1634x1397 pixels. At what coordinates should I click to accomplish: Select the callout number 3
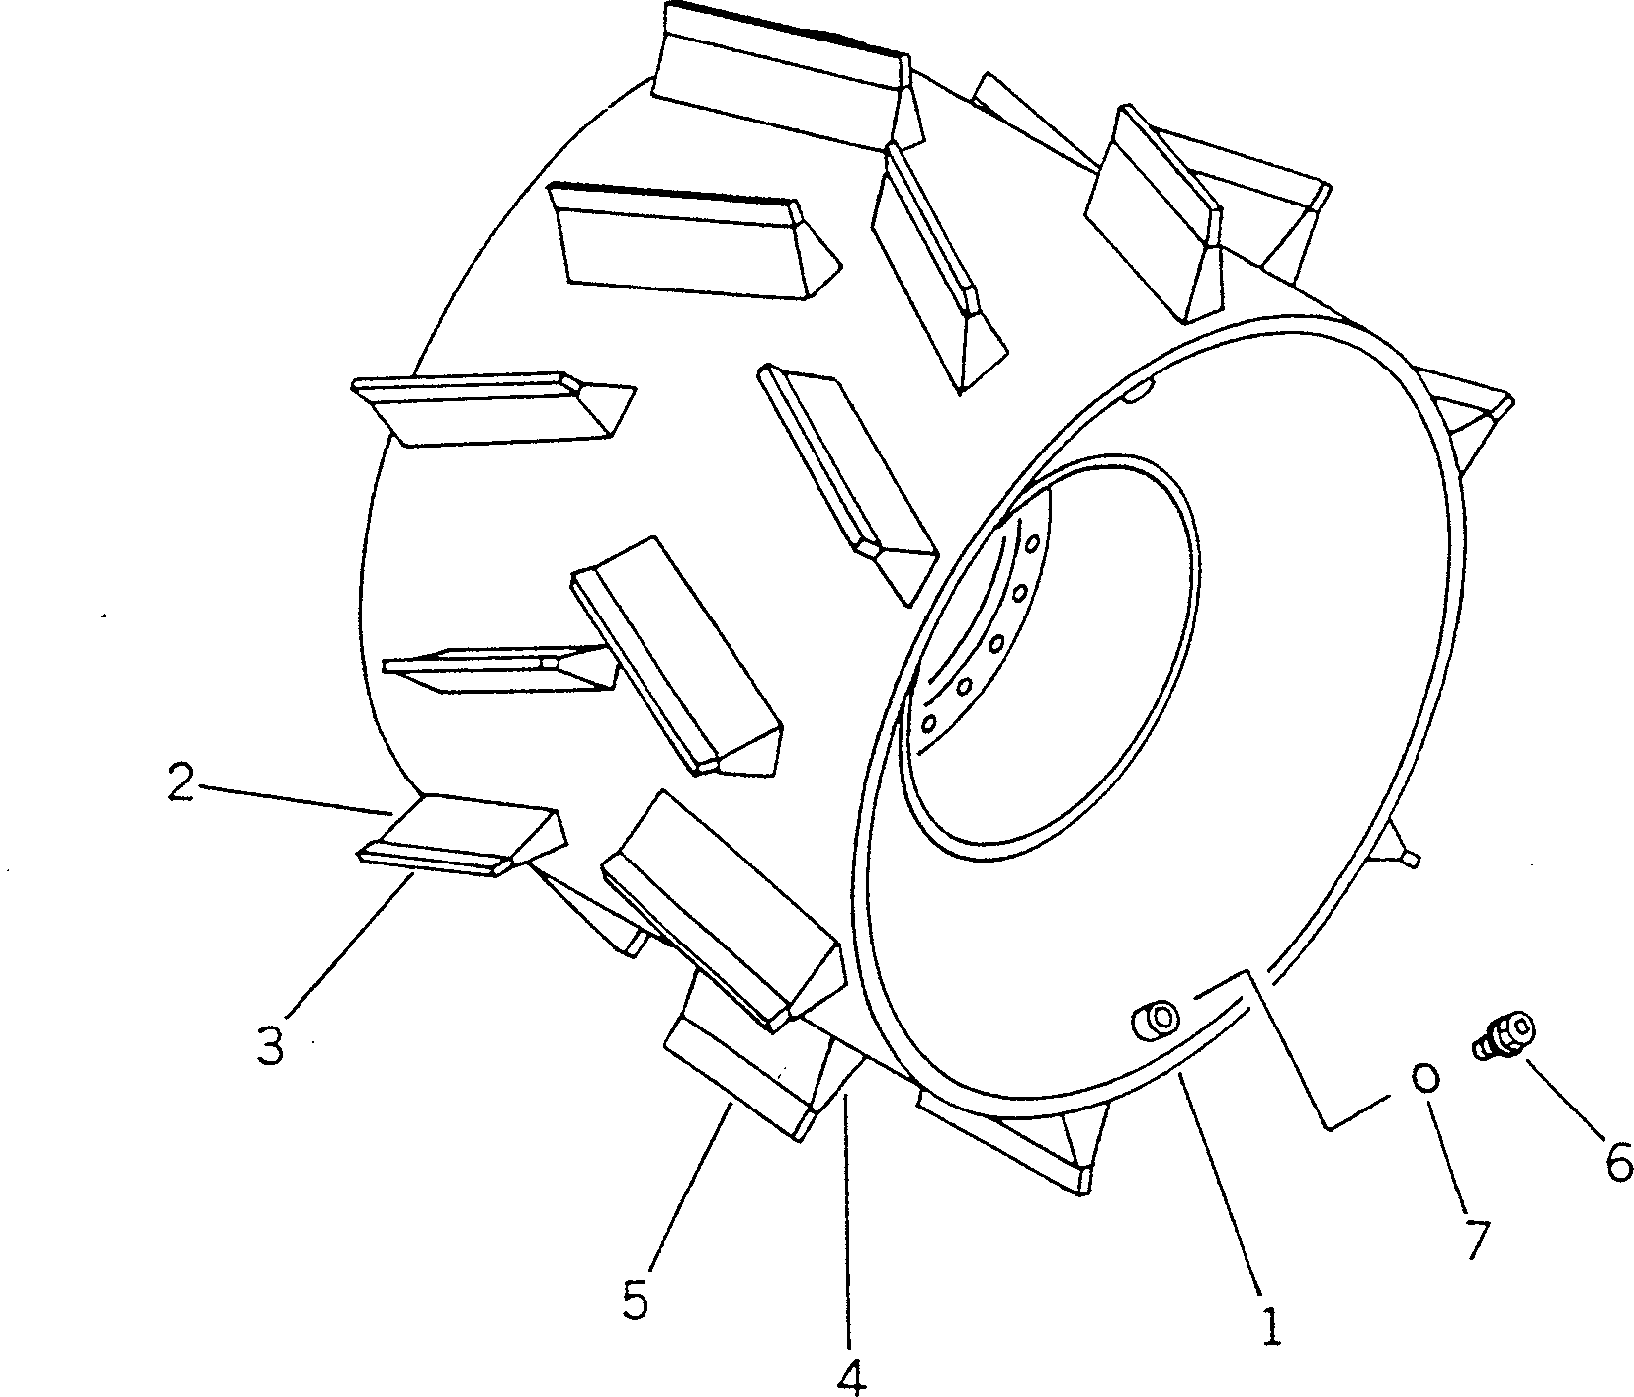270,1046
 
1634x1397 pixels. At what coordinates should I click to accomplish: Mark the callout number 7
1474,1238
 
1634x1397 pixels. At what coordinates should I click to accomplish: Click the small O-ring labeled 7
1424,1077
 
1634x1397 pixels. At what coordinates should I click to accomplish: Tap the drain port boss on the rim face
1154,1019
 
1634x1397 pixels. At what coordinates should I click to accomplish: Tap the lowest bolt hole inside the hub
928,724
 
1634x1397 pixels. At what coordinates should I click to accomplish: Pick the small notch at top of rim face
1136,393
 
